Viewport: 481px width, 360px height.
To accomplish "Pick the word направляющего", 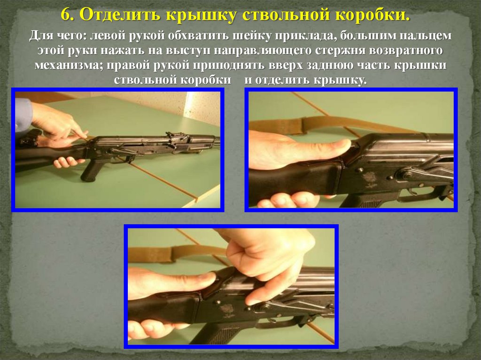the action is click(x=262, y=51).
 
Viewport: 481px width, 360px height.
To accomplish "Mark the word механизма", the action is click(x=69, y=65).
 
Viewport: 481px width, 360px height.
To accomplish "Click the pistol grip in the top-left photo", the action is click(x=92, y=170).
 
